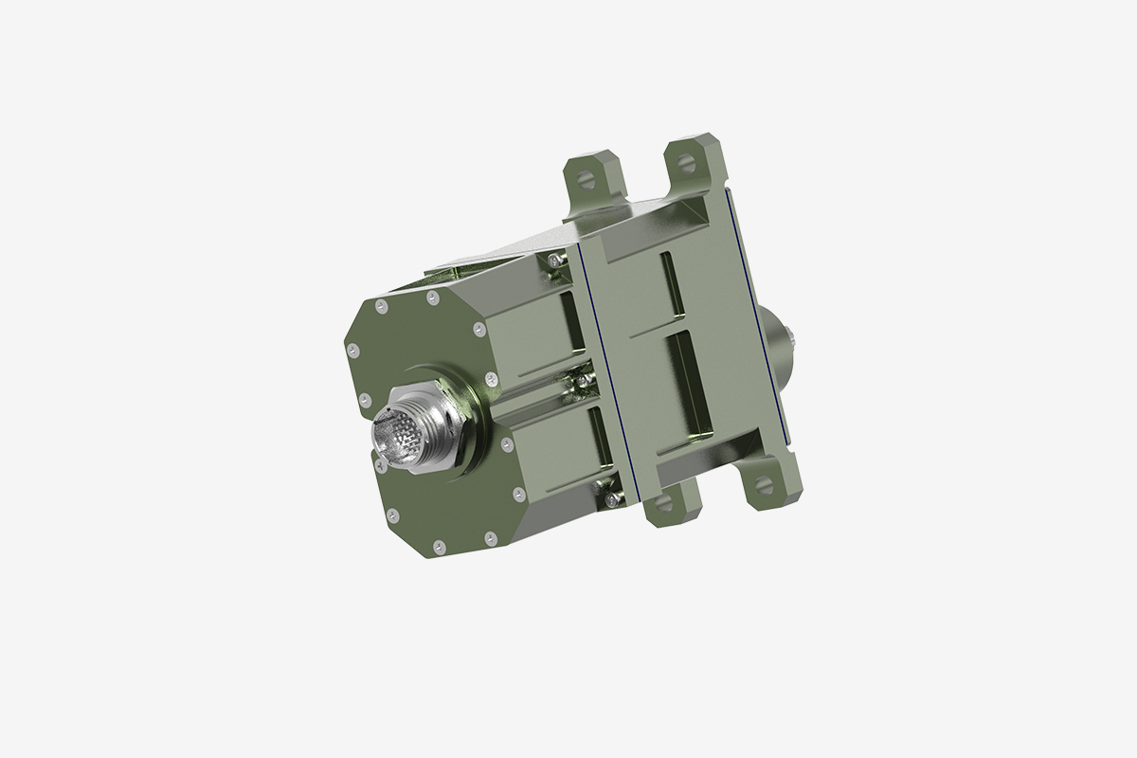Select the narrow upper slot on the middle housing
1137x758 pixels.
(672, 284)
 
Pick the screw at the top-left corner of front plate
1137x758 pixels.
(381, 305)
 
